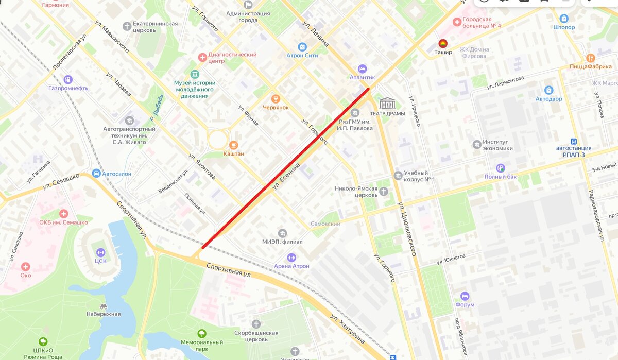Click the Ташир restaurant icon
pyautogui.click(x=442, y=43)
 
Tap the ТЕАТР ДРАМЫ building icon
pyautogui.click(x=387, y=103)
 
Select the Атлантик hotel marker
pyautogui.click(x=362, y=68)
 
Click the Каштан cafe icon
pyautogui.click(x=233, y=145)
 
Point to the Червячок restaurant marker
pyautogui.click(x=276, y=98)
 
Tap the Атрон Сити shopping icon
pyautogui.click(x=302, y=47)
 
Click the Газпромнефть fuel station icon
pyautogui.click(x=68, y=79)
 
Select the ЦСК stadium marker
pyautogui.click(x=100, y=252)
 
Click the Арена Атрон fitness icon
pyautogui.click(x=291, y=257)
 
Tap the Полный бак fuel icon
pyautogui.click(x=500, y=168)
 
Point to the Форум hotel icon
pyautogui.click(x=465, y=296)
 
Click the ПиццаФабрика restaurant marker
pyautogui.click(x=590, y=58)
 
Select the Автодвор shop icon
pyautogui.click(x=548, y=90)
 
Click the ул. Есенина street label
pyautogui.click(x=286, y=177)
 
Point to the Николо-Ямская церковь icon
pyautogui.click(x=384, y=192)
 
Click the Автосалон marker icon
pyautogui.click(x=96, y=174)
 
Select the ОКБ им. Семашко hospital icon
pyautogui.click(x=63, y=214)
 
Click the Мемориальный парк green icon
pyautogui.click(x=201, y=334)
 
